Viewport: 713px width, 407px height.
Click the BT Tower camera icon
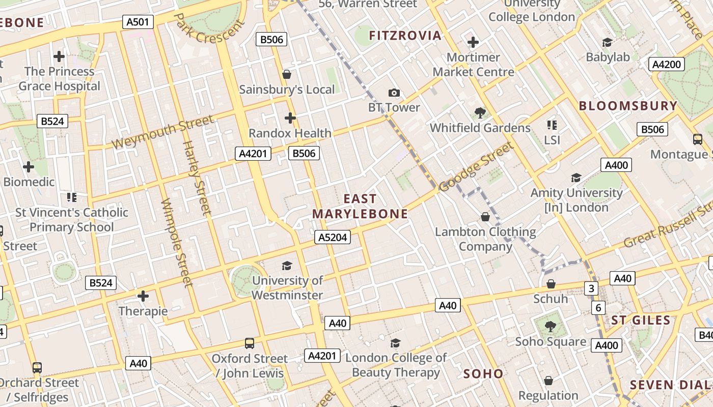point(394,93)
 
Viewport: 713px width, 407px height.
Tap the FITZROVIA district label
point(405,36)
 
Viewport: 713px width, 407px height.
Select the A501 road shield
point(138,22)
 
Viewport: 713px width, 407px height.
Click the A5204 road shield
point(333,237)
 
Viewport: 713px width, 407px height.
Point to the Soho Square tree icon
point(550,326)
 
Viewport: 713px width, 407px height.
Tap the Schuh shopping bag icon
point(551,284)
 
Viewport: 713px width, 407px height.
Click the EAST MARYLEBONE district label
point(360,207)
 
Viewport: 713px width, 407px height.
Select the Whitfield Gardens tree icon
point(479,113)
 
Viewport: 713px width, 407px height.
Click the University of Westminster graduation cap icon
point(287,266)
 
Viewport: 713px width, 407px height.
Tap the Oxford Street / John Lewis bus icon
point(250,343)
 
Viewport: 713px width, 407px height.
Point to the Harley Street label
point(196,178)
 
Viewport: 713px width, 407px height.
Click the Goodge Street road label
point(476,167)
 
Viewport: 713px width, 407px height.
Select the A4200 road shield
point(667,64)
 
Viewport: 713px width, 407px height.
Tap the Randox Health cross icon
point(290,119)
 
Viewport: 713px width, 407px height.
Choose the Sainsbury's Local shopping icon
point(287,75)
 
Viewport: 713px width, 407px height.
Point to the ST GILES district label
point(641,321)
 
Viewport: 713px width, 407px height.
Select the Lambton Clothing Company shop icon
point(485,217)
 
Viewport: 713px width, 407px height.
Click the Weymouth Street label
point(162,132)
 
